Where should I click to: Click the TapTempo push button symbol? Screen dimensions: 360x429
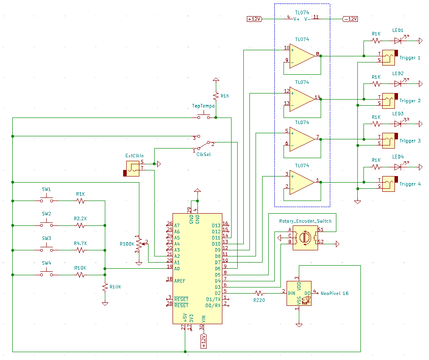click(204, 116)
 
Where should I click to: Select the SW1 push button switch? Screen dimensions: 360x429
click(46, 200)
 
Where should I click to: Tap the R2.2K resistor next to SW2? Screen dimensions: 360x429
click(80, 225)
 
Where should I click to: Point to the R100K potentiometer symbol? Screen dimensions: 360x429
click(138, 246)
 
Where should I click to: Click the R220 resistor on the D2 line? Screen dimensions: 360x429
click(259, 292)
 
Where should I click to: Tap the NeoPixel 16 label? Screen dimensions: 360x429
click(335, 293)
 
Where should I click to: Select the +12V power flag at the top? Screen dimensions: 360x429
click(254, 19)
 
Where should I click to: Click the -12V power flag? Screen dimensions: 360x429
click(350, 19)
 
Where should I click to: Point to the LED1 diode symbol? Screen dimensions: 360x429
click(398, 41)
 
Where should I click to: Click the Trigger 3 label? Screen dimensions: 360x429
click(410, 141)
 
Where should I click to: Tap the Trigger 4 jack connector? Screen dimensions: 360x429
click(389, 183)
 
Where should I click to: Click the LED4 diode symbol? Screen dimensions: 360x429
click(398, 167)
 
